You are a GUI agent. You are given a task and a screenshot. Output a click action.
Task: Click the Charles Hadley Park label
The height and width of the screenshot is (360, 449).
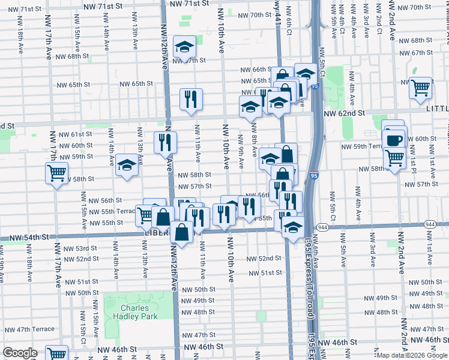(x=127, y=311)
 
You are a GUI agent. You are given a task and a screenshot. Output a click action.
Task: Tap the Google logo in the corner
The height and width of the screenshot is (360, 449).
(x=19, y=353)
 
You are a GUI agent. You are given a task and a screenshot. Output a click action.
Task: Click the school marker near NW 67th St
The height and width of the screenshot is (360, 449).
(x=185, y=46)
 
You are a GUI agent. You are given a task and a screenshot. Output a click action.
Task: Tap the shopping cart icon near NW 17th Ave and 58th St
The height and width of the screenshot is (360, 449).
(x=56, y=173)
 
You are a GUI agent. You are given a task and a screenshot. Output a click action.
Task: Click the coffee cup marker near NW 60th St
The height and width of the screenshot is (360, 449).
(x=393, y=140)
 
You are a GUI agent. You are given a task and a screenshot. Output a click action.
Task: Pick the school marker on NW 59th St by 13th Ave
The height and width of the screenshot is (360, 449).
(x=127, y=166)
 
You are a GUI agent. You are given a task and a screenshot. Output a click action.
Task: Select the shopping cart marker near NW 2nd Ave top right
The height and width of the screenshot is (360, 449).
(x=420, y=88)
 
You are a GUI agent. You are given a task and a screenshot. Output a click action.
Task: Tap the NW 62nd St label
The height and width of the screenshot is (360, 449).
(x=344, y=113)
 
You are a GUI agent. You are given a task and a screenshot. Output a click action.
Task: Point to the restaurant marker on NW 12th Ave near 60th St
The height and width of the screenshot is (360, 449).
(x=165, y=142)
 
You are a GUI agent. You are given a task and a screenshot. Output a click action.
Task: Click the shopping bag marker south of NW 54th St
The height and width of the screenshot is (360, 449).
(x=181, y=232)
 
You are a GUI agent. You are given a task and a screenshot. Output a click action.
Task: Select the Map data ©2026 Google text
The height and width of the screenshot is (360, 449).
(x=411, y=355)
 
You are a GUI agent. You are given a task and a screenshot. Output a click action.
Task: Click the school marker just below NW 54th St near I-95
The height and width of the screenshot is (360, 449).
(x=292, y=228)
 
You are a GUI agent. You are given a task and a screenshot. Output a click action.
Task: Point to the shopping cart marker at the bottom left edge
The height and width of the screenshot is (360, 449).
(x=56, y=355)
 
